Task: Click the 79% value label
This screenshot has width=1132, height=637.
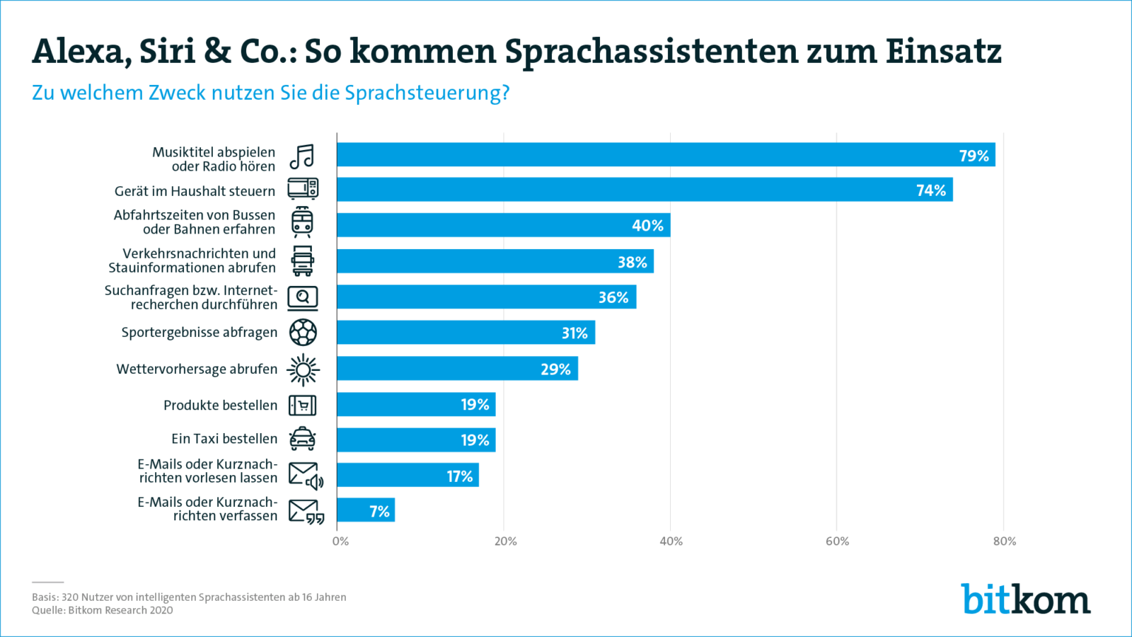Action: pos(974,156)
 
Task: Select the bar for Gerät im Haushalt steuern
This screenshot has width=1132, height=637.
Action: pos(645,190)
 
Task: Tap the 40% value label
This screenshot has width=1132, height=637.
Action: pos(647,226)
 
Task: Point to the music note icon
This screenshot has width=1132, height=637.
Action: pos(302,157)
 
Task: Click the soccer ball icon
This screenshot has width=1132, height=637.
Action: pos(303,333)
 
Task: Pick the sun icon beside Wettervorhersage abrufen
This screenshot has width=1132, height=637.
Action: pos(303,369)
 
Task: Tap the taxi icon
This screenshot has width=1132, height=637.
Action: pos(303,439)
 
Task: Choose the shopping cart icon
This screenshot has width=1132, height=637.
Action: pos(303,406)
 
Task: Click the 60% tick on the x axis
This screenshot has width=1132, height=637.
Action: pos(837,541)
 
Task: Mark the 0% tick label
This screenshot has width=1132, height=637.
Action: pos(340,541)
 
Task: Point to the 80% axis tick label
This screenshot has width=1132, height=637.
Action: pos(1004,541)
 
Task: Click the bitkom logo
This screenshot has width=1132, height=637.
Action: pos(1025,599)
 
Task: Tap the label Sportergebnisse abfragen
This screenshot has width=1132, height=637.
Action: pos(199,333)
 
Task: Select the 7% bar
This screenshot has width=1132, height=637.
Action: pos(366,510)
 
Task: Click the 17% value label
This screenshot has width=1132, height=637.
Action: pos(459,477)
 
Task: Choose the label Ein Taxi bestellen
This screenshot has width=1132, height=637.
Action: pos(224,439)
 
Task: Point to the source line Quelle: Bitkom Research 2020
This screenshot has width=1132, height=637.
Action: pos(103,610)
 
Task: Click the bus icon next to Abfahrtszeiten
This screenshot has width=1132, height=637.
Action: pos(302,222)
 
